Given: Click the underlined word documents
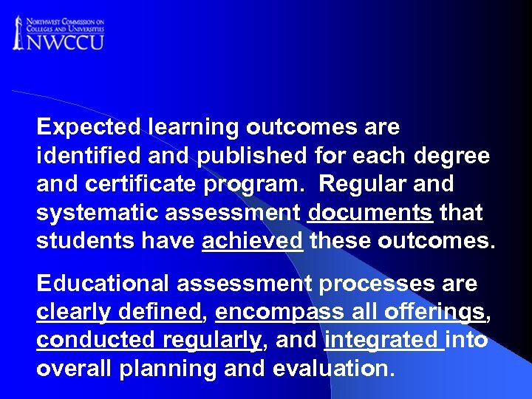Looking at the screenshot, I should click(369, 213).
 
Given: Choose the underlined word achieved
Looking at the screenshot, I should click(252, 242).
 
